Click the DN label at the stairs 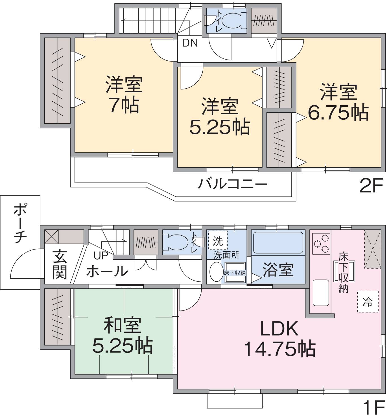pos(190,43)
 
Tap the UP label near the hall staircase pos(101,256)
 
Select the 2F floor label pos(371,185)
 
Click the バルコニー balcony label pos(232,184)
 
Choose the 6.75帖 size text pos(338,112)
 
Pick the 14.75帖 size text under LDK pos(279,349)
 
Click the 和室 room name pos(123,325)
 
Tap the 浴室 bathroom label pos(278,270)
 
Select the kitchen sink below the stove pos(321,293)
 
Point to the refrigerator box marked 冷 pos(368,302)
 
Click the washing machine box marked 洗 pos(218,240)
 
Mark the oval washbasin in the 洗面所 pos(216,272)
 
